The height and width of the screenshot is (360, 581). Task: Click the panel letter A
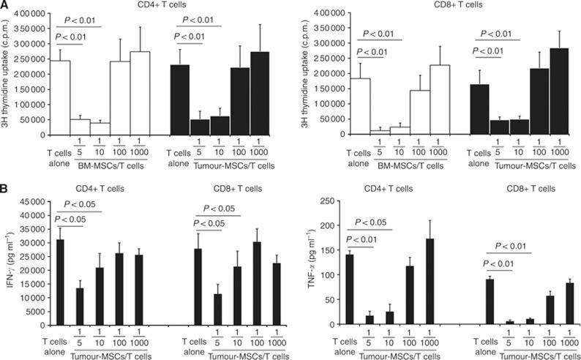(x=5, y=6)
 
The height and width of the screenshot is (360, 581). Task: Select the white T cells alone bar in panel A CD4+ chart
(x=60, y=98)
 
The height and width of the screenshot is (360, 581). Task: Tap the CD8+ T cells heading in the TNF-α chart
(x=519, y=192)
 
